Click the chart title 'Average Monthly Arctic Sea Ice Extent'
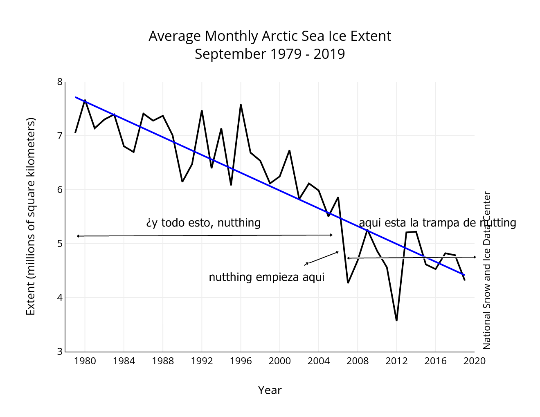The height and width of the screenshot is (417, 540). tap(270, 36)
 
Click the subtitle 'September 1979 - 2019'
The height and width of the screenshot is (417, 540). tap(270, 54)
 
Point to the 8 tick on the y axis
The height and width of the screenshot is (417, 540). tap(60, 82)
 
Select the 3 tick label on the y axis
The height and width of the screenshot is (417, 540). tap(60, 351)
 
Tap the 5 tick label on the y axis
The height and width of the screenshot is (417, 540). tap(60, 244)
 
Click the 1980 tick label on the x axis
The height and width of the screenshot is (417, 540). tap(85, 361)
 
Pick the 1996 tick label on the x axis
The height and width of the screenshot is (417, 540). tap(241, 361)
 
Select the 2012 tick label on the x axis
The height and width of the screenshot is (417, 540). tap(396, 361)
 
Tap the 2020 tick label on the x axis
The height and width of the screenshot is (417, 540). tap(475, 361)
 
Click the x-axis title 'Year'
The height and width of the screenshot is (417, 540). tap(270, 390)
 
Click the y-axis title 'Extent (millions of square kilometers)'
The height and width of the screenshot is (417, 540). tap(31, 216)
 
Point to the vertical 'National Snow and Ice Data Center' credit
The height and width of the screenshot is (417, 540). tap(487, 270)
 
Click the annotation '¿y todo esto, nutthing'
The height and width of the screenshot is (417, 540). tap(203, 222)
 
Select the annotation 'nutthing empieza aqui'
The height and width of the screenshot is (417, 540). tap(266, 277)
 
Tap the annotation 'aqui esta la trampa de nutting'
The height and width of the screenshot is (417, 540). tap(437, 222)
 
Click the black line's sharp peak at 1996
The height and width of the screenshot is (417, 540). tap(241, 105)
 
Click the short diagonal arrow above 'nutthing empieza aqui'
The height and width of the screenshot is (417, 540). tap(322, 258)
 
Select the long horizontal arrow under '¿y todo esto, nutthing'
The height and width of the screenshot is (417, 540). tap(205, 235)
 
